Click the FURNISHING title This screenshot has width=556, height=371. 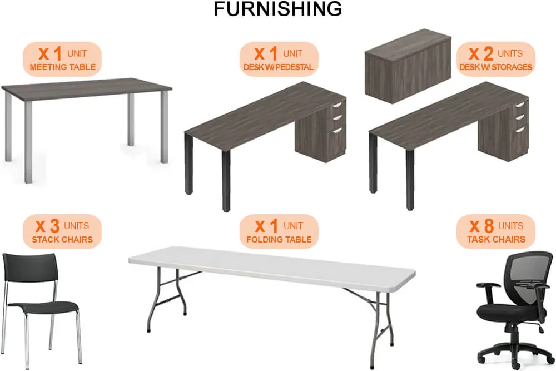277,9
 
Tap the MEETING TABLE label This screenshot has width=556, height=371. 63,67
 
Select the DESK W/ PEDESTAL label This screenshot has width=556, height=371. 279,67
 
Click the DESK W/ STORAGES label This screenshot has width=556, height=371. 496,67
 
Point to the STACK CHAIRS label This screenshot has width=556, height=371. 62,239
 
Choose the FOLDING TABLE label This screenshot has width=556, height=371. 279,239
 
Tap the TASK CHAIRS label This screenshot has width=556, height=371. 496,239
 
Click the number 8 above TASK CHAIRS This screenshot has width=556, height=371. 489,226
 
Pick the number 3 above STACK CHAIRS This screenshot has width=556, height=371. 54,226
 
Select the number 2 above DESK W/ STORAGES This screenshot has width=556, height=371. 488,53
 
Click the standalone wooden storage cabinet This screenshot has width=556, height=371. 408,66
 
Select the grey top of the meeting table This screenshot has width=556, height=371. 87,88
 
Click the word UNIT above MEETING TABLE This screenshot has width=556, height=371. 77,53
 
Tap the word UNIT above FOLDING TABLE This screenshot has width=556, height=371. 293,226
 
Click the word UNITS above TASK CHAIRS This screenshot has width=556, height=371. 510,226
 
